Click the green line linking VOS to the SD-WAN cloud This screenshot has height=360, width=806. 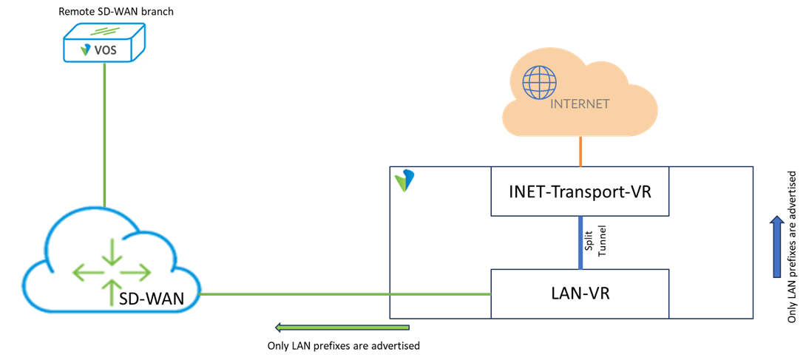[104, 133]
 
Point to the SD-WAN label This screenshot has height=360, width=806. [152, 299]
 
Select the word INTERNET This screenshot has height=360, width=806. [580, 104]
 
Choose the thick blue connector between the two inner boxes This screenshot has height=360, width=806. [580, 242]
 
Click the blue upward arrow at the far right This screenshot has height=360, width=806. [776, 248]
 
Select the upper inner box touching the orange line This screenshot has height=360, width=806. [580, 191]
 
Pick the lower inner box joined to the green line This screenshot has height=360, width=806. [580, 293]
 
